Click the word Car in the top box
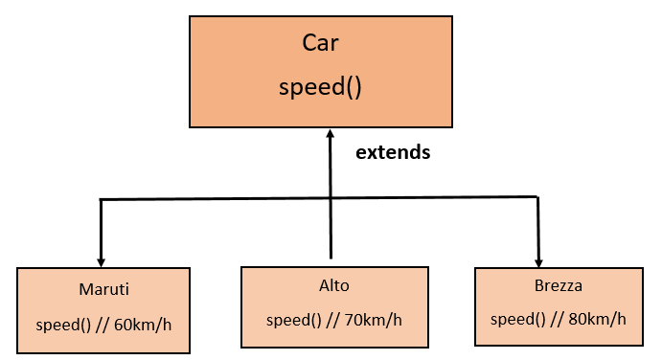coord(320,43)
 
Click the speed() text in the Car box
coord(320,87)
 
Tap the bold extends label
coord(393,152)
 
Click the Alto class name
coord(333,285)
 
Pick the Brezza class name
coord(558,285)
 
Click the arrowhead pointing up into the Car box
coord(330,133)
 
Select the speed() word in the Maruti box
coord(63,324)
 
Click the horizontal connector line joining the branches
coord(220,198)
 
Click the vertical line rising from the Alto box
coord(330,230)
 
